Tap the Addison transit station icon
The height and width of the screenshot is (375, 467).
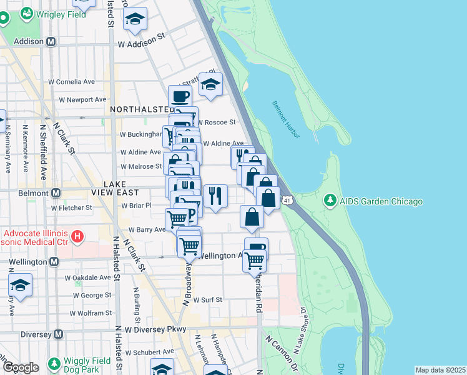(51, 41)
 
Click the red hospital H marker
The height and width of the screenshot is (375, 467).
(77, 236)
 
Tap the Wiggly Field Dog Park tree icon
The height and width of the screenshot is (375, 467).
(54, 363)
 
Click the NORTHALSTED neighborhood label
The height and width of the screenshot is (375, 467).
(139, 109)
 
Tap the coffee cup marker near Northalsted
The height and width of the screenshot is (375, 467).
(180, 96)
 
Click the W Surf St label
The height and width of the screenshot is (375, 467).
(207, 300)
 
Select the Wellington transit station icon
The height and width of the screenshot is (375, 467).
(54, 261)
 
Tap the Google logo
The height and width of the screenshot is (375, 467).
(22, 367)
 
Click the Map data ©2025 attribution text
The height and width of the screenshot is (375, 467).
(440, 370)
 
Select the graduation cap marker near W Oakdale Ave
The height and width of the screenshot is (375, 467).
(20, 284)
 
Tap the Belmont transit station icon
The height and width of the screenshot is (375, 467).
(56, 193)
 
